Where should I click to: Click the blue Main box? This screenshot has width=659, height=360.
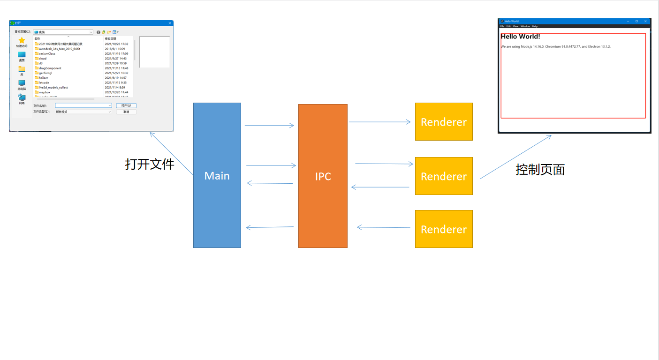[x=217, y=175]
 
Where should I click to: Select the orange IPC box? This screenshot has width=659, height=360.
[x=323, y=176]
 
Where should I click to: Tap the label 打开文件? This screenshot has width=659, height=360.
[x=150, y=164]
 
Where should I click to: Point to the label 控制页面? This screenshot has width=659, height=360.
[x=540, y=169]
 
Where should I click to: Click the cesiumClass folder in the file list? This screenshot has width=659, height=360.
[x=47, y=53]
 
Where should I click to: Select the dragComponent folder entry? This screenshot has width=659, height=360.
[x=50, y=68]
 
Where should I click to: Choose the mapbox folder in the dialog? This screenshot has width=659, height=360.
[x=45, y=92]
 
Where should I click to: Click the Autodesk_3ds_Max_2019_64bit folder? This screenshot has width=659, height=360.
[x=59, y=49]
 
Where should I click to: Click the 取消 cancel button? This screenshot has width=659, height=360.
[x=126, y=112]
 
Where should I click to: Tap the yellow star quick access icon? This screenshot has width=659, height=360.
[x=22, y=41]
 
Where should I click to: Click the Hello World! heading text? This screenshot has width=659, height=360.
[x=520, y=37]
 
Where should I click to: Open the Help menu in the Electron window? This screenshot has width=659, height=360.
[x=535, y=26]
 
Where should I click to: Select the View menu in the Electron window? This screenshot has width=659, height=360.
[x=515, y=26]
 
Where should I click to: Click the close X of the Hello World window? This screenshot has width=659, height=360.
[x=645, y=21]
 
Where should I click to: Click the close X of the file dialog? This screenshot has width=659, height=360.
[x=169, y=23]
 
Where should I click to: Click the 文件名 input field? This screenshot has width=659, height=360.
[x=83, y=105]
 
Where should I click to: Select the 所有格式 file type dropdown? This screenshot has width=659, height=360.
[x=83, y=112]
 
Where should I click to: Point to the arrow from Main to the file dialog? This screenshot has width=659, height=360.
[x=171, y=153]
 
